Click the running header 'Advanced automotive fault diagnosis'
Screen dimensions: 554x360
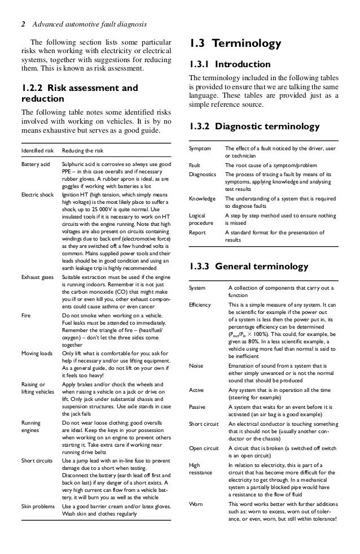(90, 24)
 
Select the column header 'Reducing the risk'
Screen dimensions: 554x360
(85, 151)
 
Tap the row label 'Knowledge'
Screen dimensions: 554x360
(201, 199)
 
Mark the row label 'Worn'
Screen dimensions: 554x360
(195, 503)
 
